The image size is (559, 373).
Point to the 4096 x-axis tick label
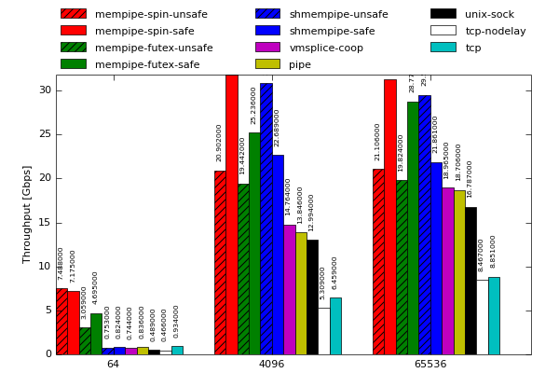click(x=271, y=364)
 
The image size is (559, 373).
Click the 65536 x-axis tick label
click(x=429, y=364)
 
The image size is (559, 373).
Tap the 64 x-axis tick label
click(x=113, y=364)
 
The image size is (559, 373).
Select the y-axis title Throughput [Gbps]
click(x=28, y=214)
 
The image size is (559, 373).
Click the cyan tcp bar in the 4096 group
click(x=335, y=325)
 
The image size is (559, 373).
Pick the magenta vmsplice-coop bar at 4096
click(x=290, y=289)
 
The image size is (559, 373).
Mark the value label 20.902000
click(x=220, y=143)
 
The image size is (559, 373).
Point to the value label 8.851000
click(x=494, y=251)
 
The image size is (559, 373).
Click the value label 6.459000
click(x=335, y=272)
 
